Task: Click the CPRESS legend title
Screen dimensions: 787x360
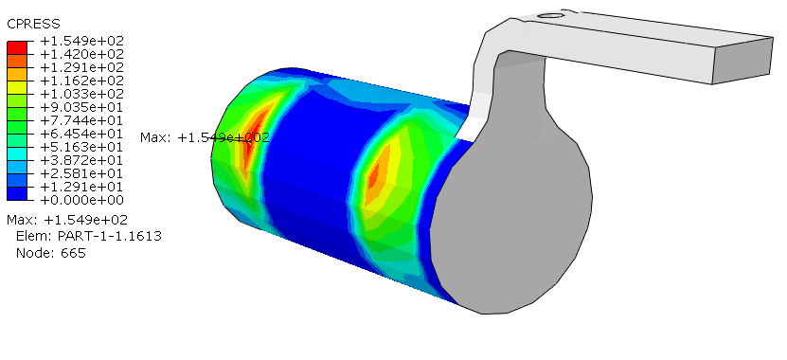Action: (33, 24)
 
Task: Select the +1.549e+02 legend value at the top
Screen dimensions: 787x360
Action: (81, 41)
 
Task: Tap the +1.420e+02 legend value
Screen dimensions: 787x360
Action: (81, 54)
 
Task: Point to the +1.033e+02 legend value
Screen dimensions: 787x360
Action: (81, 94)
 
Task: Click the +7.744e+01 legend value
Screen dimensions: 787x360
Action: (81, 120)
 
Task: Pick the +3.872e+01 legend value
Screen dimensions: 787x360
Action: (81, 160)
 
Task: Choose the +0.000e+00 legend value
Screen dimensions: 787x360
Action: (81, 200)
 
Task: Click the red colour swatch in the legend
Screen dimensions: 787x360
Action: (17, 47)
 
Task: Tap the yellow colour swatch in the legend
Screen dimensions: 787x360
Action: (17, 87)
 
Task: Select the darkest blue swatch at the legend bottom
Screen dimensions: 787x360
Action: (17, 194)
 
